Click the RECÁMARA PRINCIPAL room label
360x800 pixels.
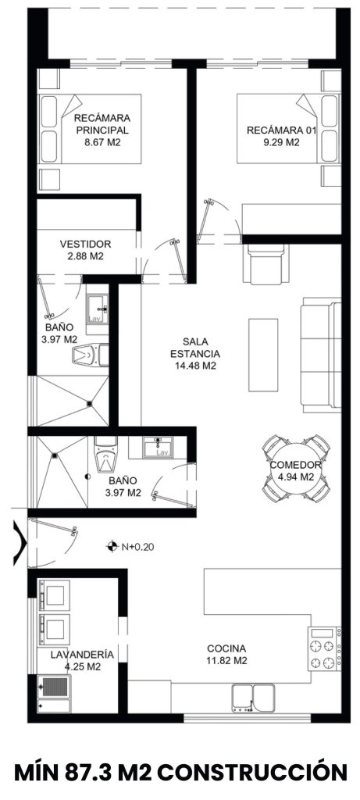102,124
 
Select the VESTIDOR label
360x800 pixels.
85,244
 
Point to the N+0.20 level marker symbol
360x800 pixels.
110,546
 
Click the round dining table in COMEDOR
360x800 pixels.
296,467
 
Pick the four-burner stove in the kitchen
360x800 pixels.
324,648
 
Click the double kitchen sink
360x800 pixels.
255,698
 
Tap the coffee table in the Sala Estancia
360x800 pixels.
263,355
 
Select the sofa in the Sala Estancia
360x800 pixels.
321,355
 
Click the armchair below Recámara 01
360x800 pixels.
266,262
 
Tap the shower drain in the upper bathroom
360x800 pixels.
89,404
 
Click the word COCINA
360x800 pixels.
226,648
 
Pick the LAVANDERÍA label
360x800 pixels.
81,655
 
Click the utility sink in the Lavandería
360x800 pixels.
54,687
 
